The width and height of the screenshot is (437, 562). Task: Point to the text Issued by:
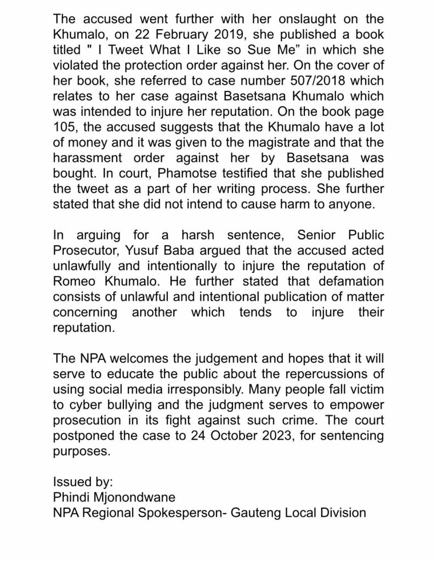point(83,483)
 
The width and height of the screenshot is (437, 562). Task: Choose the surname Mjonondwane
point(140,498)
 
